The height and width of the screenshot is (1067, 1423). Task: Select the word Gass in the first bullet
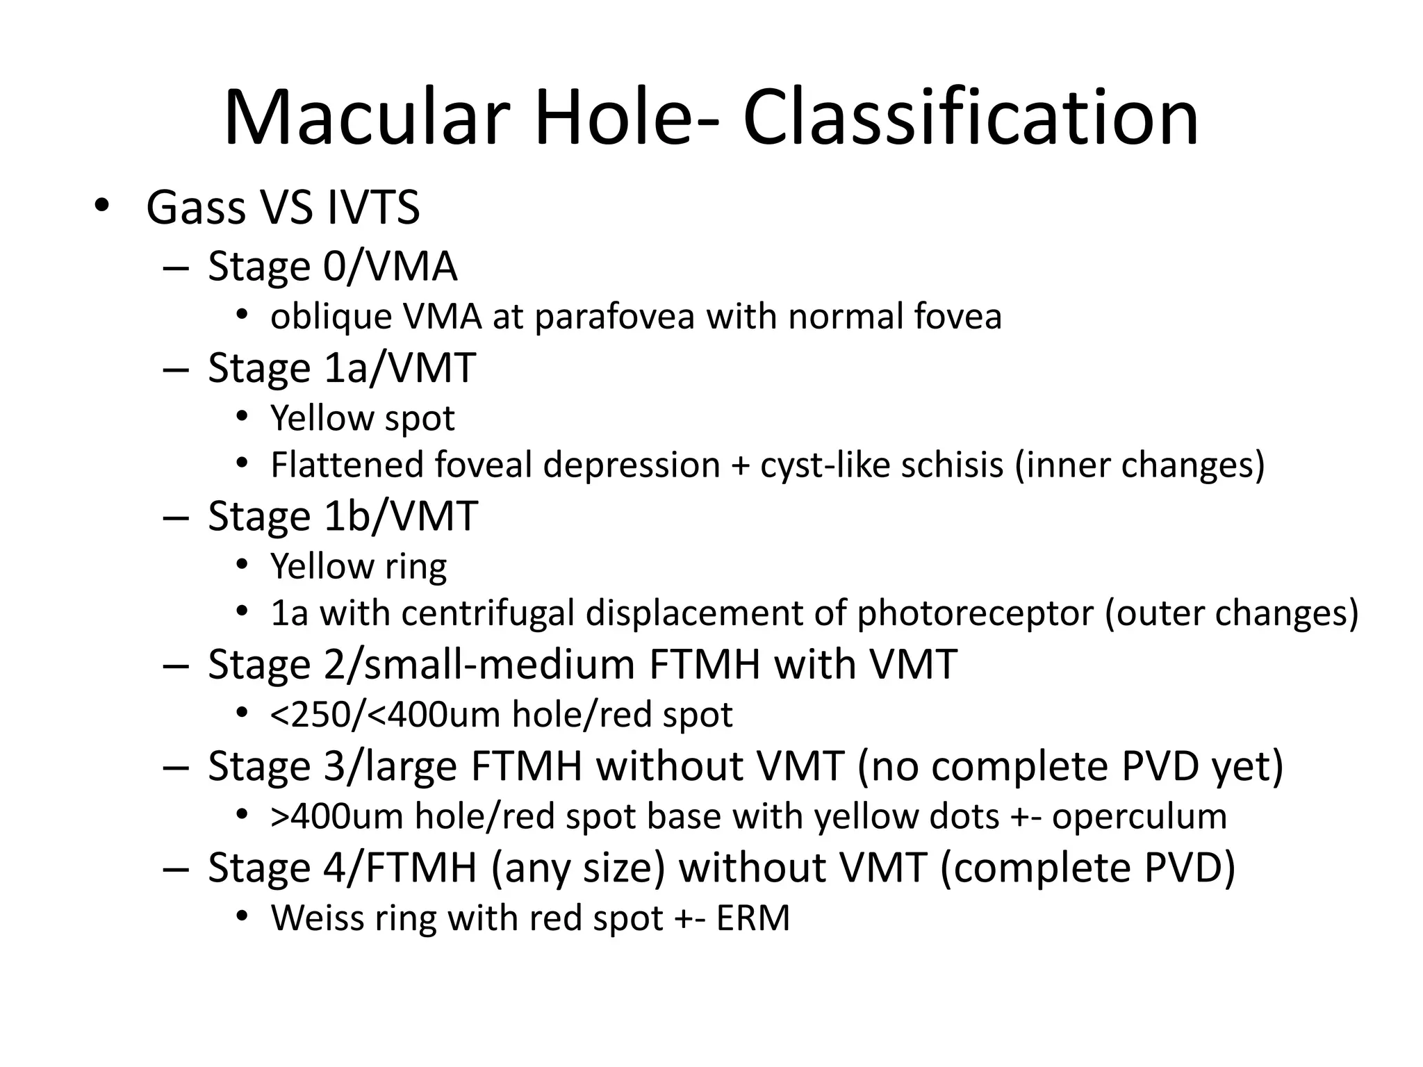(x=196, y=208)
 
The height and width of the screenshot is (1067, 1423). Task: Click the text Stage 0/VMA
(x=332, y=267)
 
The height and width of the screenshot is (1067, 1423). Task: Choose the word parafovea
(x=614, y=317)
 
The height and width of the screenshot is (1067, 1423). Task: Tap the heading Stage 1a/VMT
(x=342, y=367)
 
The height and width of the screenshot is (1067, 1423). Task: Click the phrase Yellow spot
(x=362, y=418)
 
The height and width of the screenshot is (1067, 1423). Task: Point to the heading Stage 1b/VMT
(x=343, y=516)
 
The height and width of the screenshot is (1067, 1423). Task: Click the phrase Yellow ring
(x=359, y=566)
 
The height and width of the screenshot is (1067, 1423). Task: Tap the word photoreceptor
(x=975, y=613)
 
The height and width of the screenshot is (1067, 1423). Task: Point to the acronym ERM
(x=753, y=918)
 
